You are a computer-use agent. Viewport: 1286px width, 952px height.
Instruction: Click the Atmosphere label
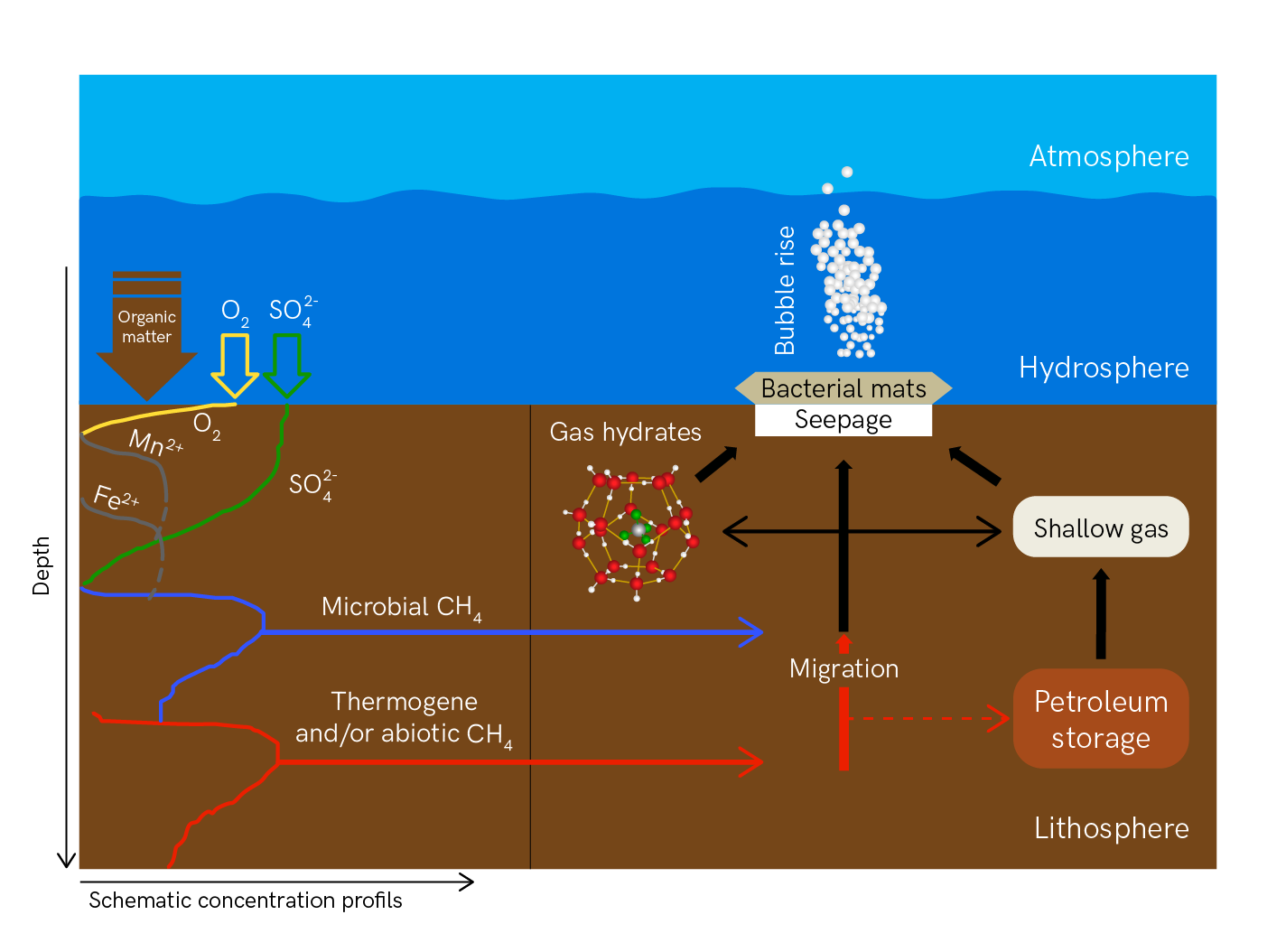click(1108, 156)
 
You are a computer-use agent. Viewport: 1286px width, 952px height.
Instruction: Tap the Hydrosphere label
click(1103, 368)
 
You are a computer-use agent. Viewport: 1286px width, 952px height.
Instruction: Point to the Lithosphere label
click(1111, 828)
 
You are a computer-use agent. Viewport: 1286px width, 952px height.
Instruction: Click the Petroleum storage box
click(1100, 719)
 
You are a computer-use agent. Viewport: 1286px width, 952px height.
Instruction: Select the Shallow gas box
click(1100, 527)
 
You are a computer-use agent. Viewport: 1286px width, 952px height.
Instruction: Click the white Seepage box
click(843, 421)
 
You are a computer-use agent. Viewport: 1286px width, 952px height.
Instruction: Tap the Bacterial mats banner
click(843, 388)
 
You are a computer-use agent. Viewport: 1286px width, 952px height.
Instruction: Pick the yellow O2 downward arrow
click(235, 364)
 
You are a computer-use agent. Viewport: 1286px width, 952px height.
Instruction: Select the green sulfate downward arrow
click(287, 364)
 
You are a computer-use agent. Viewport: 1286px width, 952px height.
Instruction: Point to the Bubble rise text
click(785, 290)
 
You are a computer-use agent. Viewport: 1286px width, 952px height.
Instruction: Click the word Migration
click(843, 668)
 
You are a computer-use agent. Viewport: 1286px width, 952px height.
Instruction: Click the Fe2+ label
click(116, 498)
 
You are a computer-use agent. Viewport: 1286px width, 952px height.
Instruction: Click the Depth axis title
click(41, 565)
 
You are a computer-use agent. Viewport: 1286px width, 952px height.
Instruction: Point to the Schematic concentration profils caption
click(245, 901)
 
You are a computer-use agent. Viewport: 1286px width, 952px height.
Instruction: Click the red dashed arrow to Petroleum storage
click(930, 719)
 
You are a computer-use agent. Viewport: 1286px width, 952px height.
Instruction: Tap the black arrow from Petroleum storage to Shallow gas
click(1100, 614)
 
